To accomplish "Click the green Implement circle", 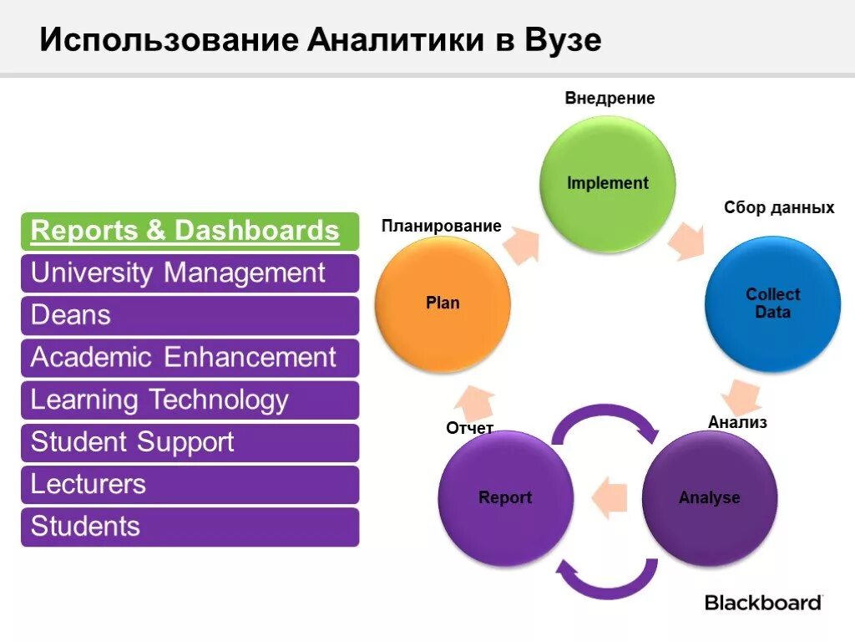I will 607,183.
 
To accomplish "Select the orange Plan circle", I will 443,303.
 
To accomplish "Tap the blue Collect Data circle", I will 772,303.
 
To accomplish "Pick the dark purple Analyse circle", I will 709,497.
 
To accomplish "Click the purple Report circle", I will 505,497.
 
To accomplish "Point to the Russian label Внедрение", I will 610,99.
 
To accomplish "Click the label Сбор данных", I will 778,208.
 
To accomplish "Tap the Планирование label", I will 441,227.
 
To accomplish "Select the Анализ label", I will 737,423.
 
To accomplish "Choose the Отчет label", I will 469,429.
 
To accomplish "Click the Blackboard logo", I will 763,602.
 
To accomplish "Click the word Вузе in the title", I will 563,41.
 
